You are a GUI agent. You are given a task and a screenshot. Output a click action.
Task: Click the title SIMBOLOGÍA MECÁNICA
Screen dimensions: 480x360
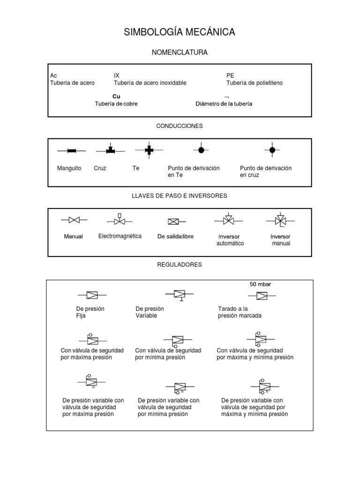[x=180, y=32]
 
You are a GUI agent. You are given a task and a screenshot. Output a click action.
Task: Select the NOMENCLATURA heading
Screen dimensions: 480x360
[x=180, y=52]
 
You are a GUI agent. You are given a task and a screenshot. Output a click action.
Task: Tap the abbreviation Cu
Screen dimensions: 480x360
[x=116, y=96]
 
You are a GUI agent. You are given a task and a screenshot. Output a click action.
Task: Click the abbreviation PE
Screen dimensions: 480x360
[x=230, y=75]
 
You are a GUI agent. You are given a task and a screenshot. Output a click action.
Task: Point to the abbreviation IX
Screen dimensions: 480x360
[x=117, y=75]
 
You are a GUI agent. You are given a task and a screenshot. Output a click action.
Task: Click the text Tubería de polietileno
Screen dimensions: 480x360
[x=255, y=83]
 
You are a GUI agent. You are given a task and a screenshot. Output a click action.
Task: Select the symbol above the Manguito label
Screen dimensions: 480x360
[x=71, y=151]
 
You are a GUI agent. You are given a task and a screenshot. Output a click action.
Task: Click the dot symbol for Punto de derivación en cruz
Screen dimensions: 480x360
[x=272, y=150]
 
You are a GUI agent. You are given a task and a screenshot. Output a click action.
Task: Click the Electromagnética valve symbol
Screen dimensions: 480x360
[x=120, y=219]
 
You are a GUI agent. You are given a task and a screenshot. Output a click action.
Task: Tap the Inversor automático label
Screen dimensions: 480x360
[x=230, y=240]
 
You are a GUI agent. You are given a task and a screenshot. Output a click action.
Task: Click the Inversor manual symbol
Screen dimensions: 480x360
[x=280, y=219]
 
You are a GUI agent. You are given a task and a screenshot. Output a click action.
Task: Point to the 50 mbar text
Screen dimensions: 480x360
[x=260, y=284]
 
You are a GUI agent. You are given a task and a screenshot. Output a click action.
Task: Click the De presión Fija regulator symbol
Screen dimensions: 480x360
[x=91, y=295]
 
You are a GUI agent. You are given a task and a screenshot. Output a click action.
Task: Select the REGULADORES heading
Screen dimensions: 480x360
[x=180, y=265]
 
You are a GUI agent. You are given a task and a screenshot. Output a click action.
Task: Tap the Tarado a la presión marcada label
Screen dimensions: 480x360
[x=240, y=312]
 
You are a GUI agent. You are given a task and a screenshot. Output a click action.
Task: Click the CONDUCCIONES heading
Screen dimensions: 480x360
[x=180, y=126]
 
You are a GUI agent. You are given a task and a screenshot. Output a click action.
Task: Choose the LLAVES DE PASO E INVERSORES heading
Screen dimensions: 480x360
[x=180, y=195]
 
